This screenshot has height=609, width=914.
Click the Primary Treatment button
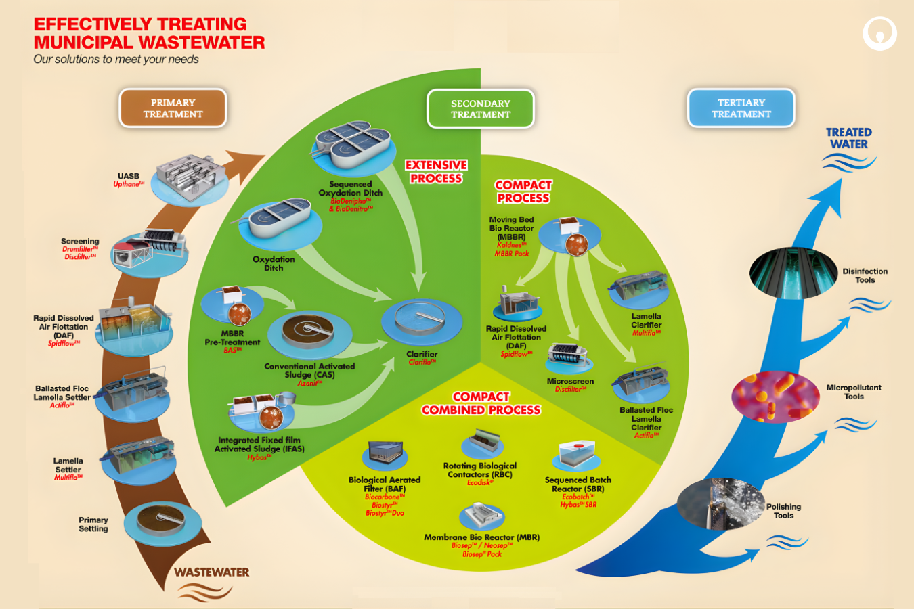(173, 108)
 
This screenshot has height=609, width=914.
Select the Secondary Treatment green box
(481, 109)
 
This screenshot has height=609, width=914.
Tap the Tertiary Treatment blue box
(741, 108)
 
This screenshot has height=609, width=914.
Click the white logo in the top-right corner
(879, 33)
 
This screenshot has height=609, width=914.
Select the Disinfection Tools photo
(789, 273)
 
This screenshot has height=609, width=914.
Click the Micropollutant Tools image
(775, 397)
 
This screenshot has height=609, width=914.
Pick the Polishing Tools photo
(721, 505)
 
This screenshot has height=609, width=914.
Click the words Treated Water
(848, 138)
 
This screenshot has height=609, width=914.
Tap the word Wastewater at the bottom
(211, 572)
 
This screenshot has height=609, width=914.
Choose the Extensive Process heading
(436, 172)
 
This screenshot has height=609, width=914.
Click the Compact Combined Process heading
(481, 403)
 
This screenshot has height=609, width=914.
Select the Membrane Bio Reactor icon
(481, 516)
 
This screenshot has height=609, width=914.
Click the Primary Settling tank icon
(162, 522)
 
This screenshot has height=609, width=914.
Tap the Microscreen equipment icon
(569, 357)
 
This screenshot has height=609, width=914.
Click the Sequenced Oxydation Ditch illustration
(351, 145)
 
